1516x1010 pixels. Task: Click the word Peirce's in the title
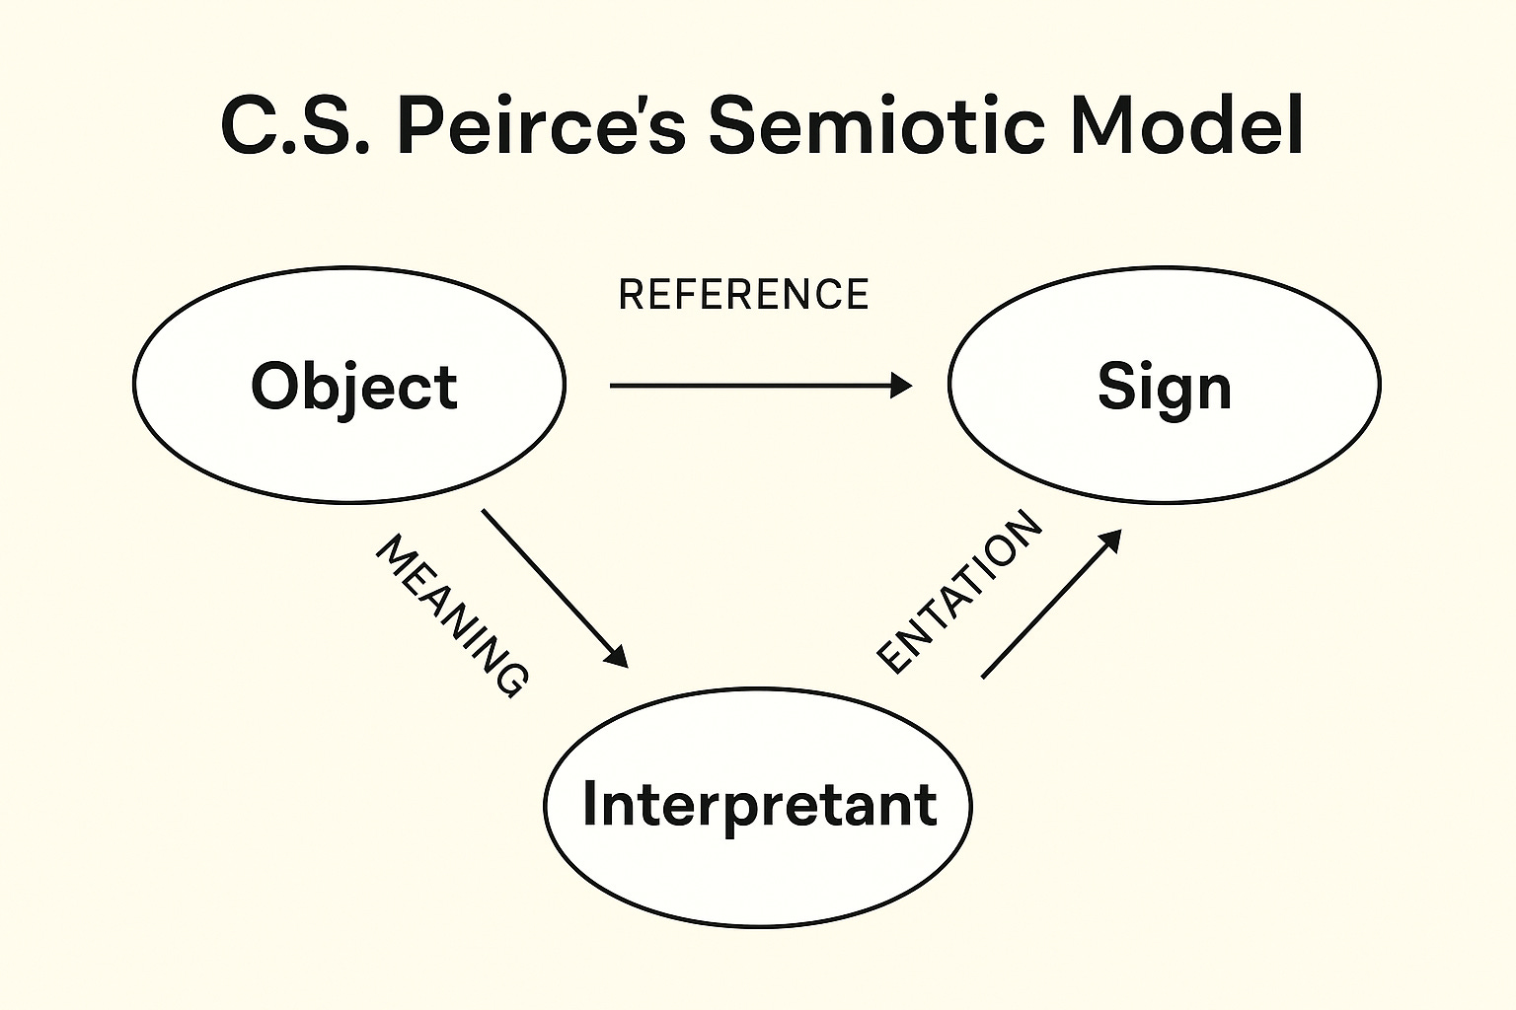tap(541, 126)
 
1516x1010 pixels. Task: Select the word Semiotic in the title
tap(875, 126)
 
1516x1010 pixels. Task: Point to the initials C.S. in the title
tap(295, 126)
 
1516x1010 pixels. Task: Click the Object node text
tap(353, 386)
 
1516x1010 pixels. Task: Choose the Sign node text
tap(1165, 387)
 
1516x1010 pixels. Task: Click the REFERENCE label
tap(743, 295)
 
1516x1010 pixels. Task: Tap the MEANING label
tap(451, 616)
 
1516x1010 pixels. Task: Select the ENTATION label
tap(959, 592)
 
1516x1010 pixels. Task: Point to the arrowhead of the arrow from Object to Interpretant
tap(618, 657)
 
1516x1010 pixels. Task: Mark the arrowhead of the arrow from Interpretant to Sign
tap(1111, 540)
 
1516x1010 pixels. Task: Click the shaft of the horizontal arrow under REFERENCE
tap(750, 386)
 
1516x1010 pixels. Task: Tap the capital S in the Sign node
tap(1116, 386)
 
